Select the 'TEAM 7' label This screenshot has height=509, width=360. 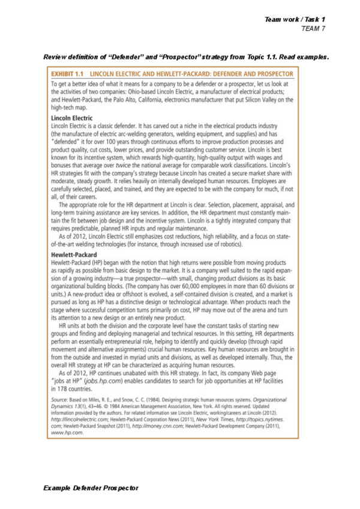pyautogui.click(x=313, y=28)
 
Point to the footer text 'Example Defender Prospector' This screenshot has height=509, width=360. pyautogui.click(x=91, y=487)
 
